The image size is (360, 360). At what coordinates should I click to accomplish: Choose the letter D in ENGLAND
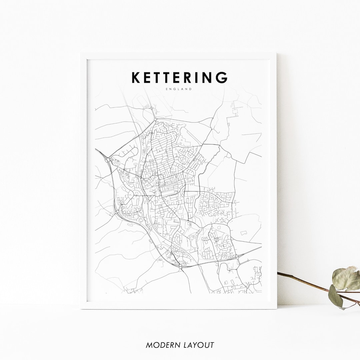(x=191, y=89)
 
